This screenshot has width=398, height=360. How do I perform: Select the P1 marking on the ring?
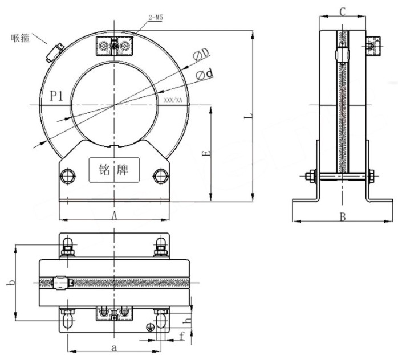(56, 96)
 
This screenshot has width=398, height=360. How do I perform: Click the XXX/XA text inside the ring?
(173, 100)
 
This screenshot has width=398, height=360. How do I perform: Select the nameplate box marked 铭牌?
(113, 170)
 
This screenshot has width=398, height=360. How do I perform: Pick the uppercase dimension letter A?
(114, 215)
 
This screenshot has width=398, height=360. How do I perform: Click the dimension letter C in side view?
(342, 11)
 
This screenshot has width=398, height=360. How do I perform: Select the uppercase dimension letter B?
(343, 216)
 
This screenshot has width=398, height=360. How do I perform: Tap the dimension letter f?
(182, 336)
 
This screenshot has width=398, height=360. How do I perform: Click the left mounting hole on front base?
(68, 174)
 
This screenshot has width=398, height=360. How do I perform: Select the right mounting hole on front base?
(160, 174)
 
